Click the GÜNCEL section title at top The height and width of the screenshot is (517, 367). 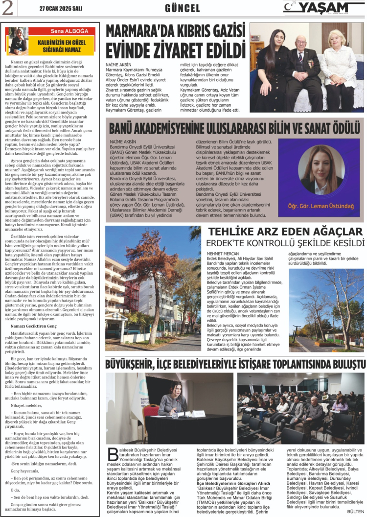183,8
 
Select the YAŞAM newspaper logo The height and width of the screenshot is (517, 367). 323,8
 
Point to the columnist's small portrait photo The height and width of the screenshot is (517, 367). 17,41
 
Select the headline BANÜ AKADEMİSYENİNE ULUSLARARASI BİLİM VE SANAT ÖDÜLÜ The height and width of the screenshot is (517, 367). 234,129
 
